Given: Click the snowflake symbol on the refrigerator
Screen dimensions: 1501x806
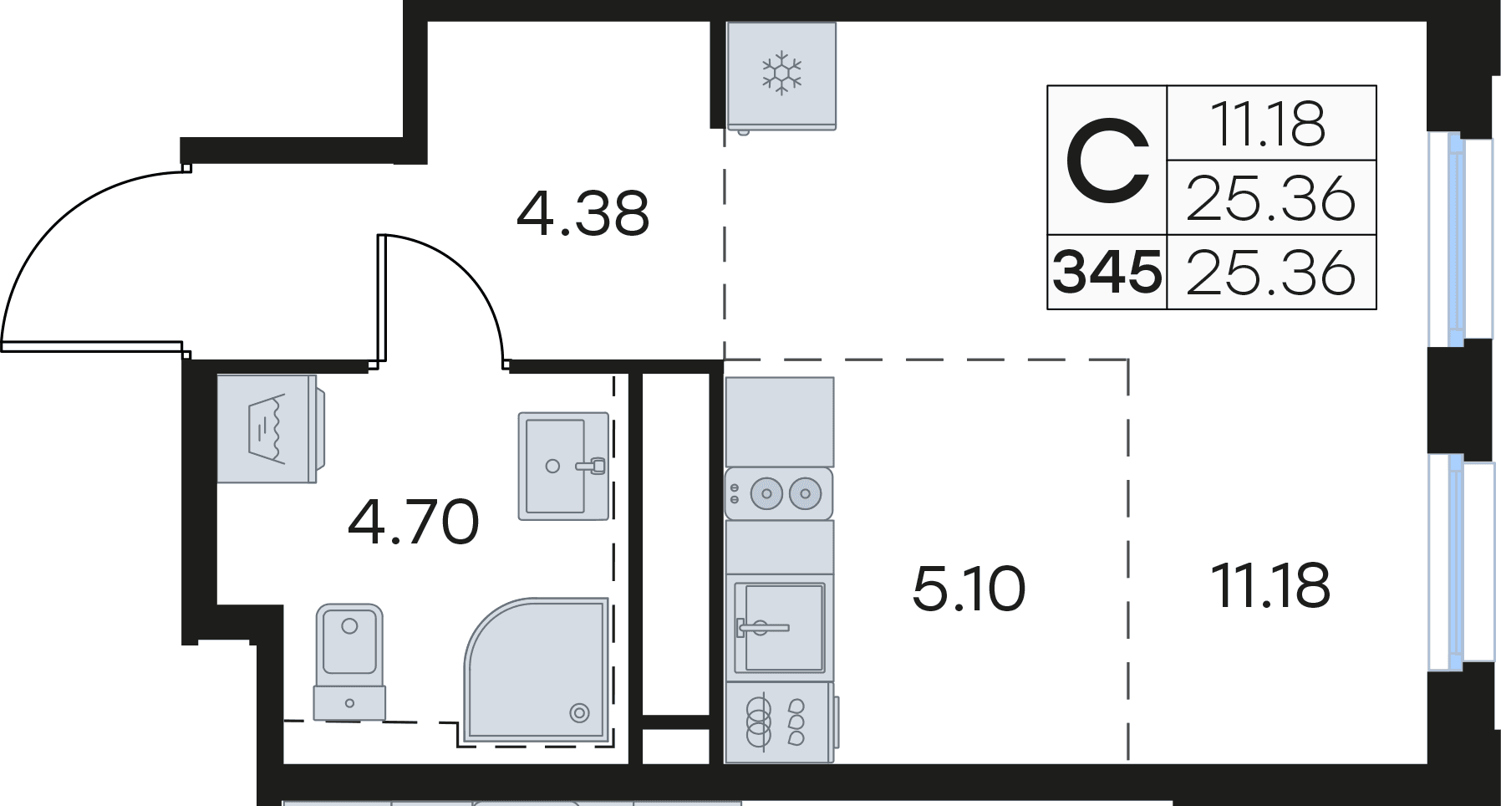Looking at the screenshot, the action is pos(781,73).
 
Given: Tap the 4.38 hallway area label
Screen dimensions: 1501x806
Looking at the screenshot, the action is pos(583,214).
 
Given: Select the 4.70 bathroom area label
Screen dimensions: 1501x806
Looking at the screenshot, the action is pos(413,522).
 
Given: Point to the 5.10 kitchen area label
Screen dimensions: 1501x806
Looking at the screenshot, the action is pos(969,589).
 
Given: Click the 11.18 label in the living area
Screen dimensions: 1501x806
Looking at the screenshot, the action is pos(1270,585).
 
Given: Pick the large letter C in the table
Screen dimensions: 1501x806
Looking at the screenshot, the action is pos(1107,161).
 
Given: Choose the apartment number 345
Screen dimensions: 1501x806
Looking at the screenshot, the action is pos(1107,273).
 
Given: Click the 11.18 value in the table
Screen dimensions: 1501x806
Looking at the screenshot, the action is pos(1269,125).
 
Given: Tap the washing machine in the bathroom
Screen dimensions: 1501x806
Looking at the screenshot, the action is pos(270,428).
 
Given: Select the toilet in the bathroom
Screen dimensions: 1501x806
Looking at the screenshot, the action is pos(349,662).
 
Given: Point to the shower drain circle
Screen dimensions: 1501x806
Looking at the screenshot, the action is pos(578,712).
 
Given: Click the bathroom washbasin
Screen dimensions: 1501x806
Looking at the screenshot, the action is pos(563,466).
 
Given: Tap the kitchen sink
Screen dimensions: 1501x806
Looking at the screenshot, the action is pos(779,627).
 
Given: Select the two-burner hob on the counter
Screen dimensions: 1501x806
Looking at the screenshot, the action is pos(779,493).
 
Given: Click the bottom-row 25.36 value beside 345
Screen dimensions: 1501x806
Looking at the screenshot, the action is pos(1270,273).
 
